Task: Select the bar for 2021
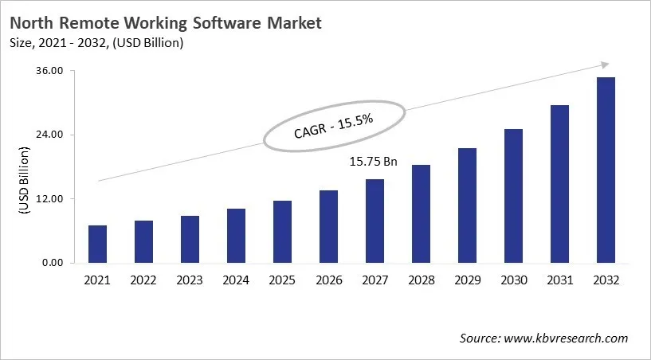pyautogui.click(x=97, y=244)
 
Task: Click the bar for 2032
pyautogui.click(x=606, y=170)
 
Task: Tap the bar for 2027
pyautogui.click(x=375, y=221)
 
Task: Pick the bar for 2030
pyautogui.click(x=513, y=195)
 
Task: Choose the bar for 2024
pyautogui.click(x=236, y=235)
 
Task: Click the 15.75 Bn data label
pyautogui.click(x=373, y=162)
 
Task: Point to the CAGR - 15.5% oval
pyautogui.click(x=334, y=126)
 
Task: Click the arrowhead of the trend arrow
pyautogui.click(x=605, y=65)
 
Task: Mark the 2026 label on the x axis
pyautogui.click(x=328, y=280)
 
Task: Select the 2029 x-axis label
pyautogui.click(x=467, y=280)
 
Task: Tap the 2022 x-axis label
pyautogui.click(x=143, y=280)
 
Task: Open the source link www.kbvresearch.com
pyautogui.click(x=567, y=338)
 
